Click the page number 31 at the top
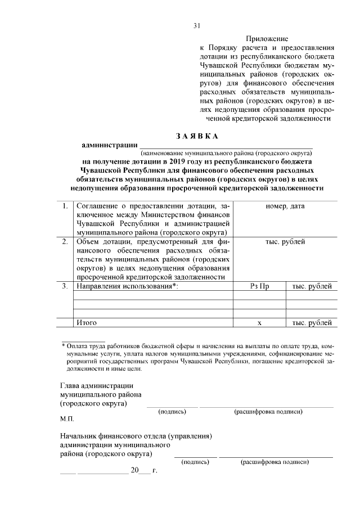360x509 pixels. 196,25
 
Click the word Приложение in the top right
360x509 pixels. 267,39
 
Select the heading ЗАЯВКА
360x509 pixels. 196,136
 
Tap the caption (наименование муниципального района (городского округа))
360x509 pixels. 226,152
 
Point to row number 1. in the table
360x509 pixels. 65,206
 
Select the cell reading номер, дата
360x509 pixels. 285,206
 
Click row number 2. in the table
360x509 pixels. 65,242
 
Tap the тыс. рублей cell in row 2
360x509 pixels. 285,242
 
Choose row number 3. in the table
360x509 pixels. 65,286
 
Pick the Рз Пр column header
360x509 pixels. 259,286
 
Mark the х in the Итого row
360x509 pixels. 259,323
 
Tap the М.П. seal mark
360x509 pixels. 66,419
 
